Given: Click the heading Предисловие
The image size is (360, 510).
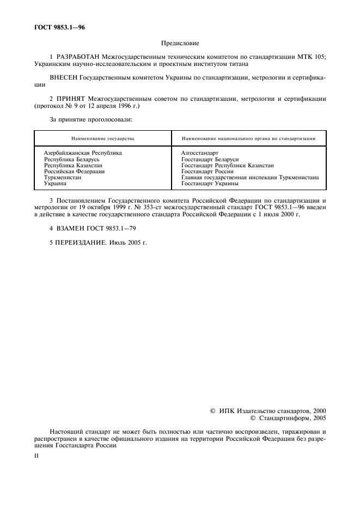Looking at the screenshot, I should (x=180, y=43).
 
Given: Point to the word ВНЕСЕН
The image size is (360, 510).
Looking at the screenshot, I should (x=64, y=78).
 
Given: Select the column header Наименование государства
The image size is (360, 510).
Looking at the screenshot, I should (x=102, y=138).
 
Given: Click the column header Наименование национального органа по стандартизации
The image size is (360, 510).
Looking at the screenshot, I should (x=248, y=138).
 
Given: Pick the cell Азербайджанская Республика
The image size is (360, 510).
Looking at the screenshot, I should (x=83, y=153).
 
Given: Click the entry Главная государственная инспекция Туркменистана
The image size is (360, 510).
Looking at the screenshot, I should (x=250, y=178).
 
